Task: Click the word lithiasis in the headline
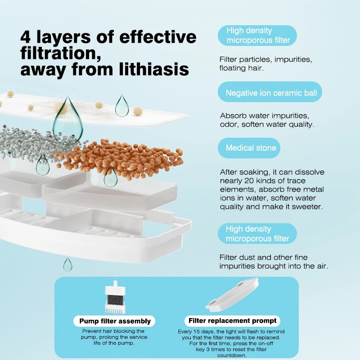[154, 69]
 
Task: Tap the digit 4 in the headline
[26, 37]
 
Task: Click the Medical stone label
[249, 148]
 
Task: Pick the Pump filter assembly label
[114, 321]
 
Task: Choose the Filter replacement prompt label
[232, 320]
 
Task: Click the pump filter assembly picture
[115, 297]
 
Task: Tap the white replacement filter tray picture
[232, 295]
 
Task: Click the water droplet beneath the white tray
[67, 264]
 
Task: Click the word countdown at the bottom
[232, 355]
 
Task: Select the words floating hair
[241, 68]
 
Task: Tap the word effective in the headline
[158, 37]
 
